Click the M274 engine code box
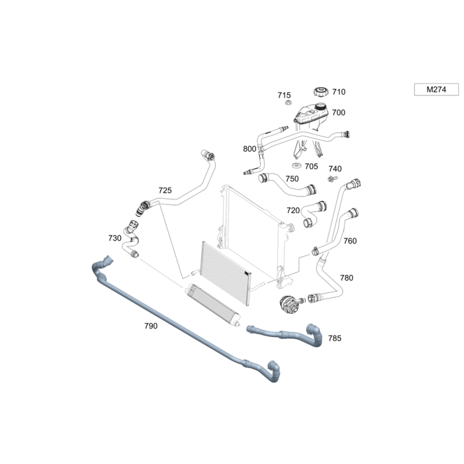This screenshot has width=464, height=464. click(x=436, y=89)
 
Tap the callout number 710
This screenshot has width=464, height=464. click(x=339, y=92)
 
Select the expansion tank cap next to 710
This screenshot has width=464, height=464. click(x=321, y=92)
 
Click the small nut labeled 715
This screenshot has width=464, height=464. click(x=288, y=103)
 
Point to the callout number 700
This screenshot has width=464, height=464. click(x=339, y=113)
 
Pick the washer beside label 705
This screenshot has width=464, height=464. click(x=296, y=165)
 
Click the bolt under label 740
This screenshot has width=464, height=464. click(x=332, y=179)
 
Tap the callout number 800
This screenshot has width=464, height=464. click(x=249, y=149)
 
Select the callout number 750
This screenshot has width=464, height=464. click(x=292, y=179)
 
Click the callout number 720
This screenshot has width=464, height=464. click(x=293, y=211)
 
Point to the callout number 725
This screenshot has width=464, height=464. click(x=165, y=190)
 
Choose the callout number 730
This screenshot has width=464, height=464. click(x=115, y=238)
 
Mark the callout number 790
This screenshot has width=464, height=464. click(x=151, y=326)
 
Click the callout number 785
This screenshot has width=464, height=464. click(x=335, y=338)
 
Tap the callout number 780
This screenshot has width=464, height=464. click(x=346, y=278)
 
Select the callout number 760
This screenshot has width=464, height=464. click(x=350, y=241)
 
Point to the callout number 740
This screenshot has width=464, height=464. click(x=335, y=169)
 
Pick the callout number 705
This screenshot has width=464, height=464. click(x=311, y=166)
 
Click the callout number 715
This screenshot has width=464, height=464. click(x=284, y=95)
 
